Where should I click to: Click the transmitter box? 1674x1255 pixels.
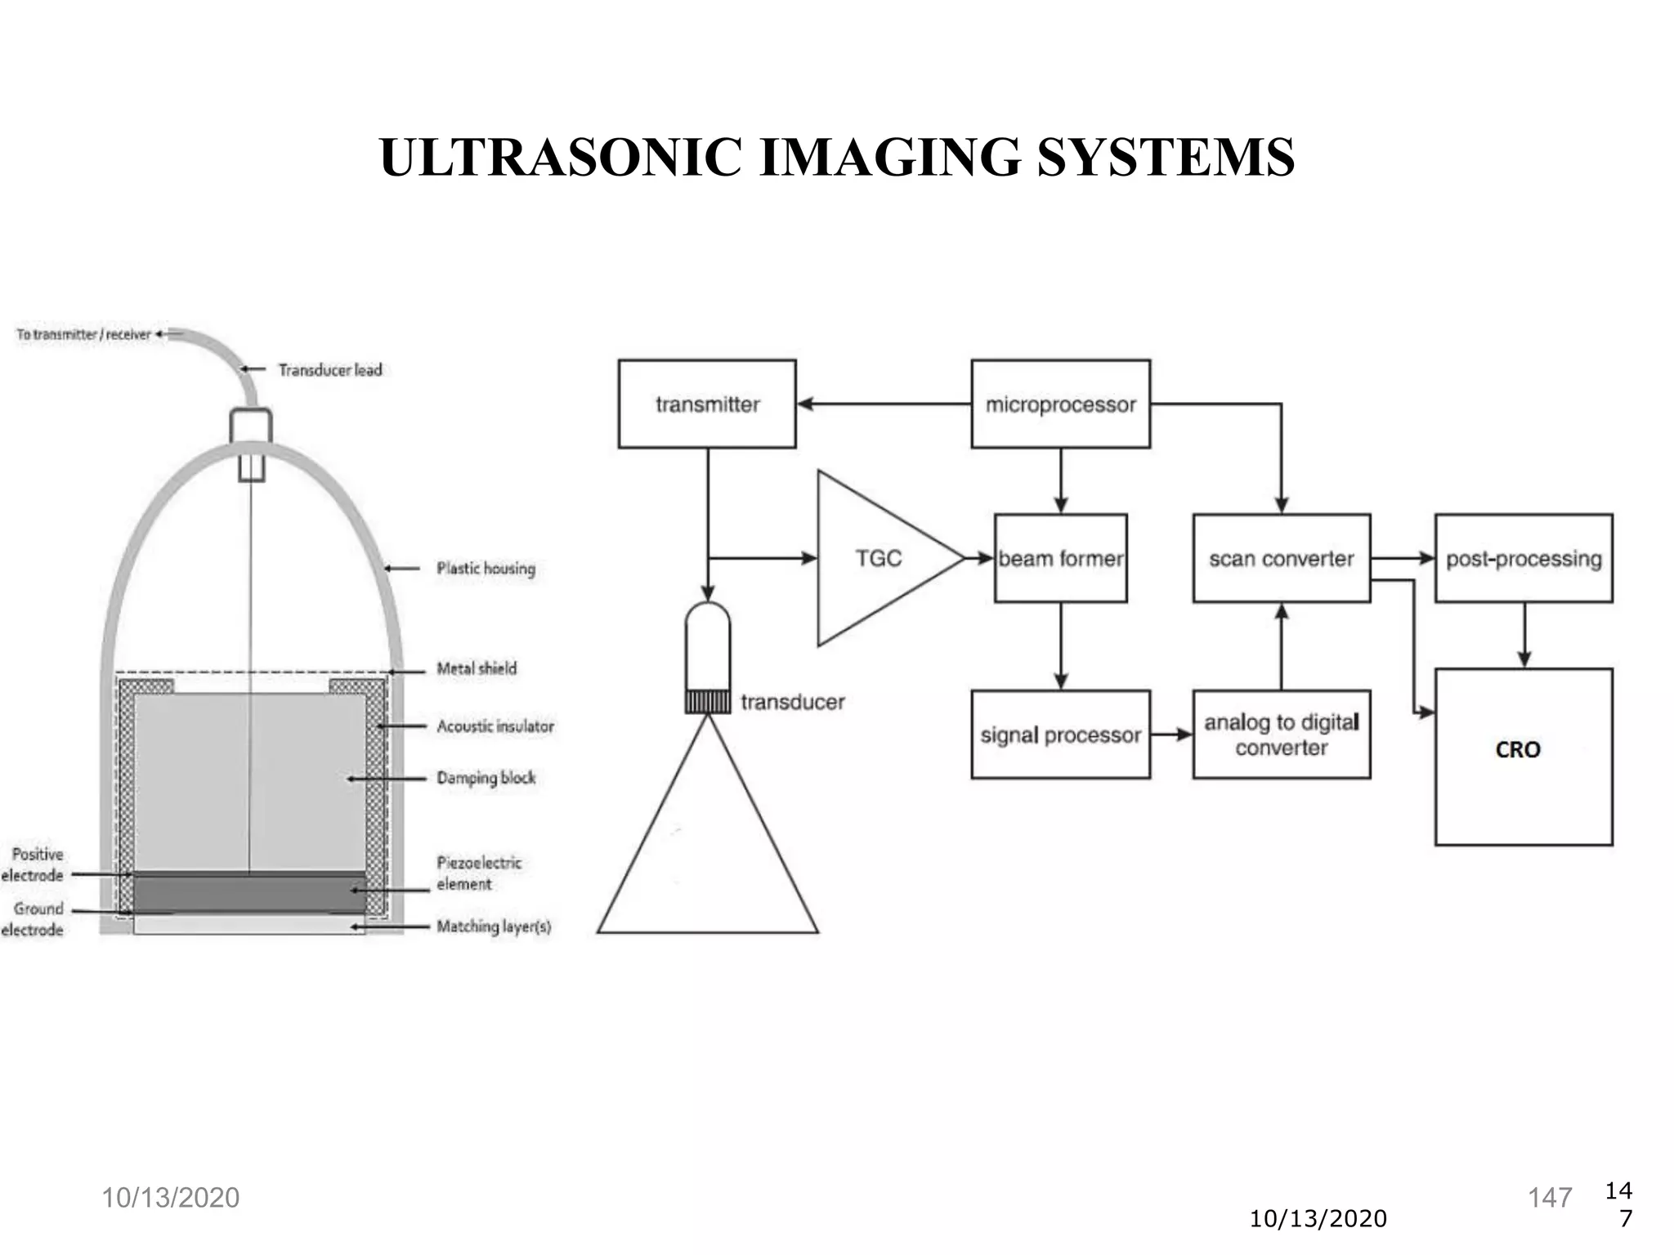tap(707, 404)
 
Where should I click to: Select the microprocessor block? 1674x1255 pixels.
tap(1060, 404)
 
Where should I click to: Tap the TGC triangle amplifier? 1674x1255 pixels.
tap(879, 558)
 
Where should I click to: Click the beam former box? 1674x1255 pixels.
tap(1060, 558)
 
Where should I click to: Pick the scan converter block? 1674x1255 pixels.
tap(1281, 558)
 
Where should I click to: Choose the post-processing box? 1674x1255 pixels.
tap(1524, 558)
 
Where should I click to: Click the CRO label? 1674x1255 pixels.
tap(1518, 749)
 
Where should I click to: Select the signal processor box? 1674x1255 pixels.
tap(1060, 735)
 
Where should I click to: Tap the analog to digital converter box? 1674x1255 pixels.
tap(1281, 735)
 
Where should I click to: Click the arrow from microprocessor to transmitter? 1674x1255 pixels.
tap(883, 404)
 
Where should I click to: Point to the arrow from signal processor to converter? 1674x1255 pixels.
tap(1171, 735)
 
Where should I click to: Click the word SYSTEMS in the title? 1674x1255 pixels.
tap(1166, 157)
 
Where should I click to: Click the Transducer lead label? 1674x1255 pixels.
tap(330, 370)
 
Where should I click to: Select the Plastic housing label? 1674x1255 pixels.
tap(486, 568)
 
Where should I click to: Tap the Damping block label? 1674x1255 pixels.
tap(486, 778)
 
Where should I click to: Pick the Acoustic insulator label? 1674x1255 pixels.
tap(495, 726)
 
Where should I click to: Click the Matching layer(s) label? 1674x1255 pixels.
tap(494, 927)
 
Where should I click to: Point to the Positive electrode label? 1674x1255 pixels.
tap(34, 864)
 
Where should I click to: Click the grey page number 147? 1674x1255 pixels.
tap(1550, 1198)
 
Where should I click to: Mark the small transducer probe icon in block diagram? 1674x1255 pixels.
tap(708, 658)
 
